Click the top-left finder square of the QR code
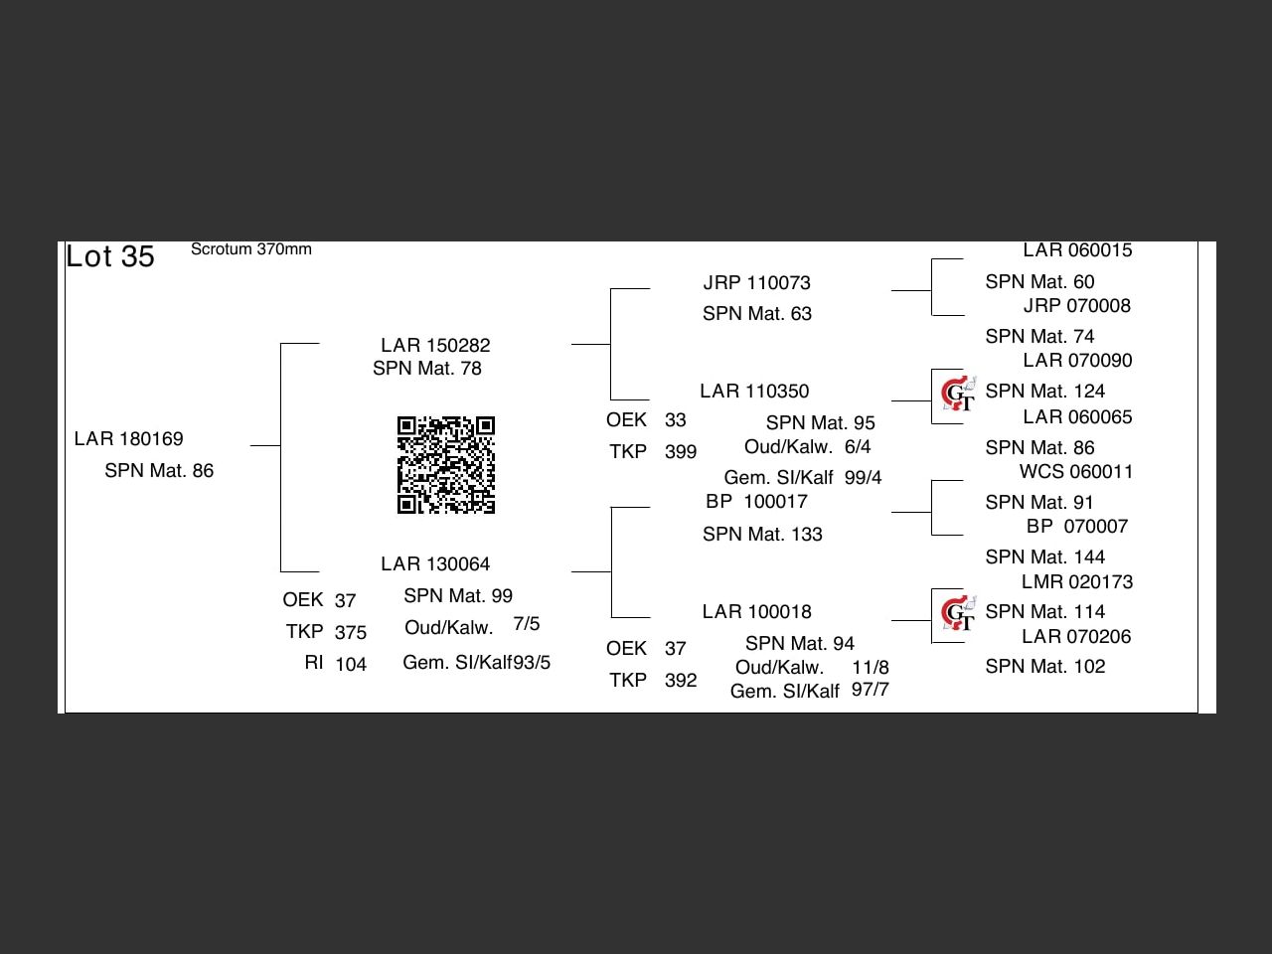pyautogui.click(x=406, y=425)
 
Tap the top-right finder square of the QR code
pyautogui.click(x=486, y=425)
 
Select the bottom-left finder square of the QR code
pyautogui.click(x=406, y=505)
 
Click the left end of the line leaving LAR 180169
pyautogui.click(x=250, y=445)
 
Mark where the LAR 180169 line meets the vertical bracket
pyautogui.click(x=280, y=445)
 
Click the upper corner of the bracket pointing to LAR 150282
pyautogui.click(x=280, y=344)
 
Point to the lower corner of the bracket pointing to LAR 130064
pyautogui.click(x=280, y=571)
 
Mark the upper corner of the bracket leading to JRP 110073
pyautogui.click(x=611, y=288)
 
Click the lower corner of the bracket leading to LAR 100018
pyautogui.click(x=611, y=617)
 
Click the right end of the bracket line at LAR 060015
pyautogui.click(x=963, y=259)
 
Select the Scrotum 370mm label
pyautogui.click(x=251, y=249)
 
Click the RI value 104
pyautogui.click(x=351, y=664)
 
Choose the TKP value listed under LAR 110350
pyautogui.click(x=681, y=452)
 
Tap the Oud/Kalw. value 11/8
pyautogui.click(x=870, y=667)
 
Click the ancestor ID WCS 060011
pyautogui.click(x=1076, y=471)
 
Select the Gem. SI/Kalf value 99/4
pyautogui.click(x=863, y=477)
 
